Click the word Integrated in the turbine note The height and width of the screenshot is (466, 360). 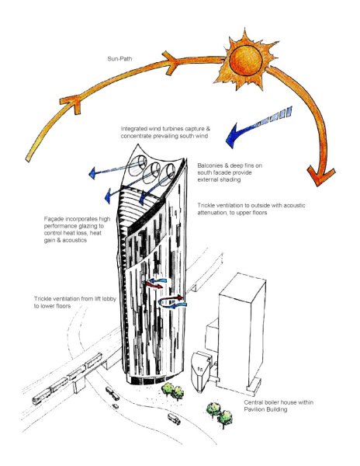135,128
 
